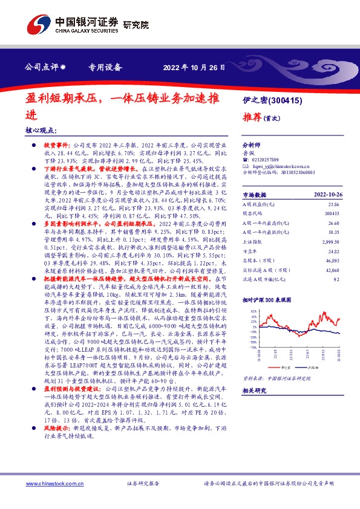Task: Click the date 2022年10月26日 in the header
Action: click(190, 67)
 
